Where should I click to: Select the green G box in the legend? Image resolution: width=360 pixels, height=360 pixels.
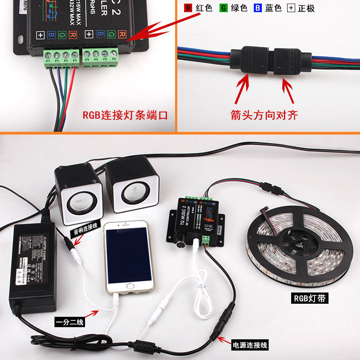[x=223, y=8]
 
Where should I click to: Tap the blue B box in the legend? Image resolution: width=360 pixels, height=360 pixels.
[x=257, y=8]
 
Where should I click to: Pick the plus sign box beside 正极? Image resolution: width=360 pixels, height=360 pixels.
[x=291, y=8]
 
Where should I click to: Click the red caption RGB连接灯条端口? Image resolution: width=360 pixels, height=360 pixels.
[x=125, y=115]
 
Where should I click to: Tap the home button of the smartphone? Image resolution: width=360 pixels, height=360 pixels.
[x=130, y=286]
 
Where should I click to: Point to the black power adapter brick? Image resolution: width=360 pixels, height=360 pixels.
[x=34, y=265]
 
